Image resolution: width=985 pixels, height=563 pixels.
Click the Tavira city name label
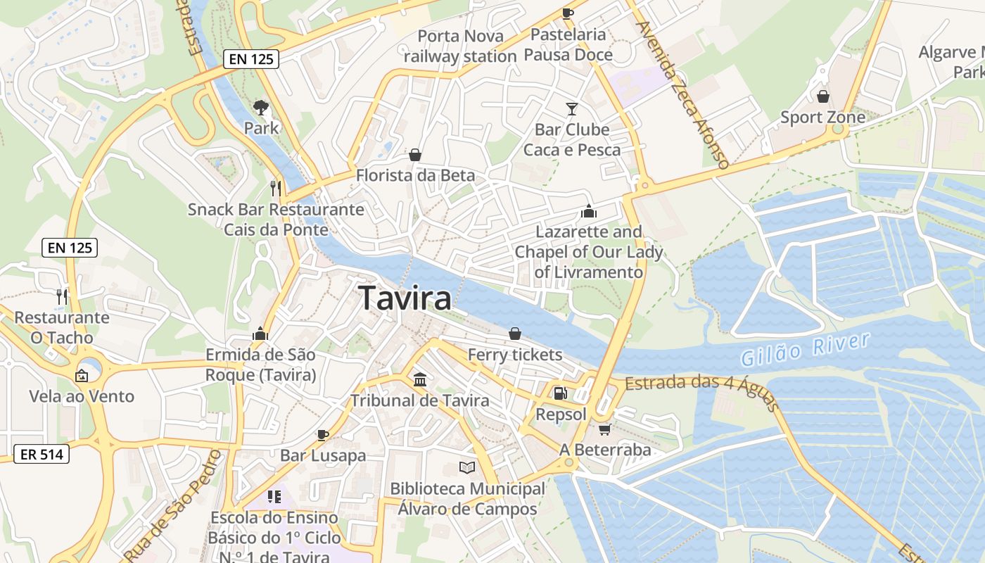[x=405, y=298]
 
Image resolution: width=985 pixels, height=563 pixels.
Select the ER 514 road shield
[x=42, y=454]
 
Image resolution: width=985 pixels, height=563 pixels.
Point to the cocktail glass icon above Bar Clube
[x=571, y=109]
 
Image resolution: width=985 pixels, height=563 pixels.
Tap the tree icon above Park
[x=261, y=108]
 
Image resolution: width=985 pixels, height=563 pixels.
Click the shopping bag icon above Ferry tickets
[x=515, y=334]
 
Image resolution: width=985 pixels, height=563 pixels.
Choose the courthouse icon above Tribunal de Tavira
[x=420, y=380]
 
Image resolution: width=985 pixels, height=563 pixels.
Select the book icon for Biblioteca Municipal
[x=467, y=467]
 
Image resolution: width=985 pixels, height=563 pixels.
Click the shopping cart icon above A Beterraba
[x=604, y=429]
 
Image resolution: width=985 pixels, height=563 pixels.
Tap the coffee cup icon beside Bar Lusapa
[x=323, y=435]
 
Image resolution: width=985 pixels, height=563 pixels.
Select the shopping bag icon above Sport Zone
[x=822, y=96]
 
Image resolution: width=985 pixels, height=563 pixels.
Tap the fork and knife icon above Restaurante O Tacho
[x=62, y=296]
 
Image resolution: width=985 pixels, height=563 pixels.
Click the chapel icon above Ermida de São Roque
[x=260, y=334]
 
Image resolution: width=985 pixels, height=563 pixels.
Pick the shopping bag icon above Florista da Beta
[x=415, y=155]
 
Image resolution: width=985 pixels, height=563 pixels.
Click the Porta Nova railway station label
[x=461, y=46]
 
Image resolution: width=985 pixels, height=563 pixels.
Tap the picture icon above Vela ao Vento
[x=82, y=375]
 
